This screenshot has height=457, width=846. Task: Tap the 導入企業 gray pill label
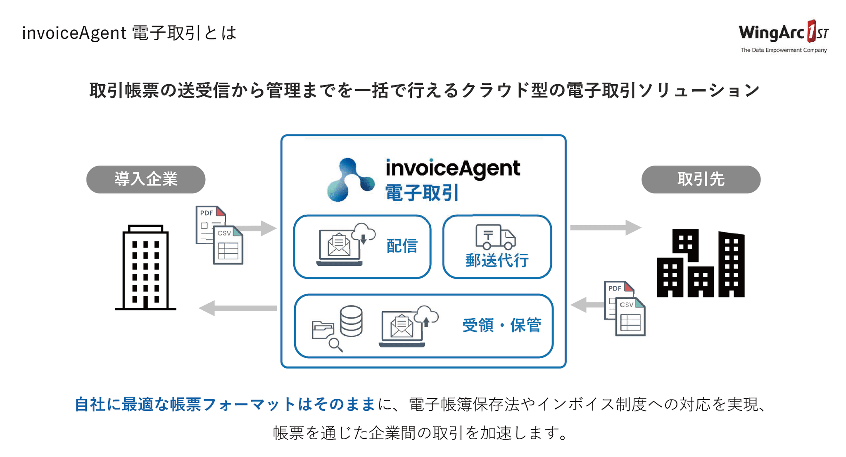[146, 179]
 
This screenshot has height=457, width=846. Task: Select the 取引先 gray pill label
[701, 179]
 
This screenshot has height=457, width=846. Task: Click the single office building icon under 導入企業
[146, 268]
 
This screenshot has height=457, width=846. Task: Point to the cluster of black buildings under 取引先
[701, 264]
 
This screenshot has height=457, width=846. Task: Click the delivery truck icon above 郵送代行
[495, 237]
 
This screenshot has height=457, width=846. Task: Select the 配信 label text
[402, 246]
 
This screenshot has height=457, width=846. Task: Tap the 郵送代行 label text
[497, 261]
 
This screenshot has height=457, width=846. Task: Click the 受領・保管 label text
[501, 326]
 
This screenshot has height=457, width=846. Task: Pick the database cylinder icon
[351, 321]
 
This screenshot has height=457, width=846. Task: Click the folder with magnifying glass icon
[326, 335]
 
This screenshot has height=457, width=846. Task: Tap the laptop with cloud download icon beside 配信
[345, 245]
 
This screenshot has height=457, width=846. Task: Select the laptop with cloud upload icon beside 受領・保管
[407, 326]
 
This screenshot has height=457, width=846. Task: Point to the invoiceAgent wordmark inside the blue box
[453, 168]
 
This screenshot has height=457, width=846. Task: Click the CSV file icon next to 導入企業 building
[228, 245]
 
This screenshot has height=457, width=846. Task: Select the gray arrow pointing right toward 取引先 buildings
[605, 227]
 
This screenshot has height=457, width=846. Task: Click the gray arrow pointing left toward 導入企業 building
[238, 308]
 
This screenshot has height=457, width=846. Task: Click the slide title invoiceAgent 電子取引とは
[129, 33]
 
